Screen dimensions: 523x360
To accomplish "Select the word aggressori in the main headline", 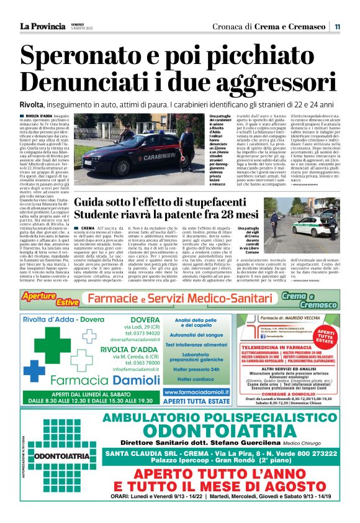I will [x=261, y=83].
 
